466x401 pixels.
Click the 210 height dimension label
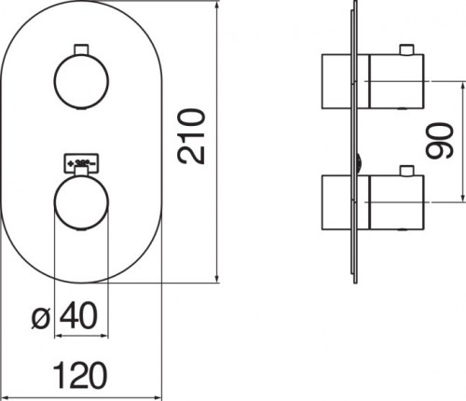[191, 136]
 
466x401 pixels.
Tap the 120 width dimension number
[80, 375]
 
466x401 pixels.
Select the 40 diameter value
[78, 315]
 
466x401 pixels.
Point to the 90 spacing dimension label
[440, 141]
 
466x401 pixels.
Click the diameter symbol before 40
[41, 319]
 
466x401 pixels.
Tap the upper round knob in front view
[81, 81]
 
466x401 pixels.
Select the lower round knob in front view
[81, 202]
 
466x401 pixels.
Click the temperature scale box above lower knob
[81, 163]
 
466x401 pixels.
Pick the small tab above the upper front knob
[81, 49]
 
